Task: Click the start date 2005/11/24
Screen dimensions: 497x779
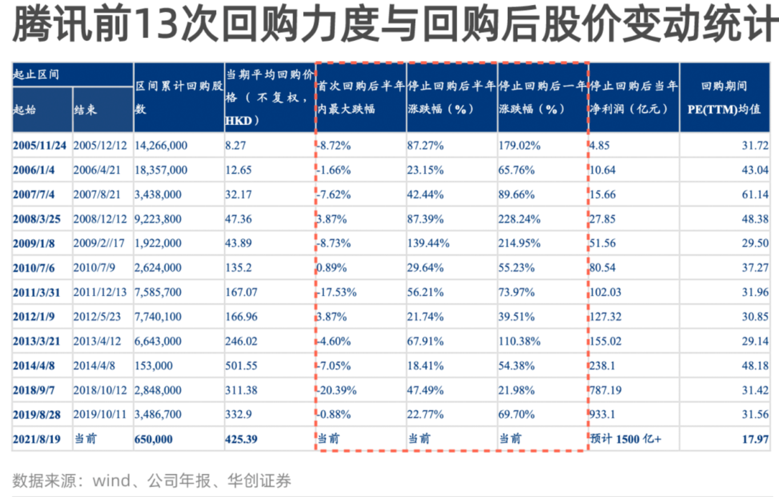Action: pyautogui.click(x=39, y=146)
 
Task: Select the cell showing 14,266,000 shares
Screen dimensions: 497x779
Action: pyautogui.click(x=160, y=146)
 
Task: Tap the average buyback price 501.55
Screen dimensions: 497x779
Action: pyautogui.click(x=241, y=366)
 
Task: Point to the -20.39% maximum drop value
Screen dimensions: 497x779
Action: pyautogui.click(x=337, y=391)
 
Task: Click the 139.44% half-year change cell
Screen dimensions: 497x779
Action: pyautogui.click(x=428, y=244)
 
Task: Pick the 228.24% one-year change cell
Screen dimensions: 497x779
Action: pyautogui.click(x=520, y=219)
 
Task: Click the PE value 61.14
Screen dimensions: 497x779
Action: pyautogui.click(x=755, y=195)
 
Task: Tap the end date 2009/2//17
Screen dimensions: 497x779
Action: pyautogui.click(x=99, y=244)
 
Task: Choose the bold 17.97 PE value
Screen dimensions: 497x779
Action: pyautogui.click(x=755, y=439)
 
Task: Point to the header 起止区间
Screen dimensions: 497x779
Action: pyautogui.click(x=36, y=75)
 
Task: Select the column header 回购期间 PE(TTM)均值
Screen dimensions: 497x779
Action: pyautogui.click(x=724, y=98)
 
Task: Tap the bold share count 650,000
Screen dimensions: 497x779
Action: pyautogui.click(x=154, y=439)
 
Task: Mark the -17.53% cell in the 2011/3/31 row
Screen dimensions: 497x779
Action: pyautogui.click(x=337, y=293)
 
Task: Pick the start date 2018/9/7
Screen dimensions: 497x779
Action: pyautogui.click(x=34, y=391)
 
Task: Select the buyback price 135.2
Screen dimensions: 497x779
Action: pyautogui.click(x=238, y=268)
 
